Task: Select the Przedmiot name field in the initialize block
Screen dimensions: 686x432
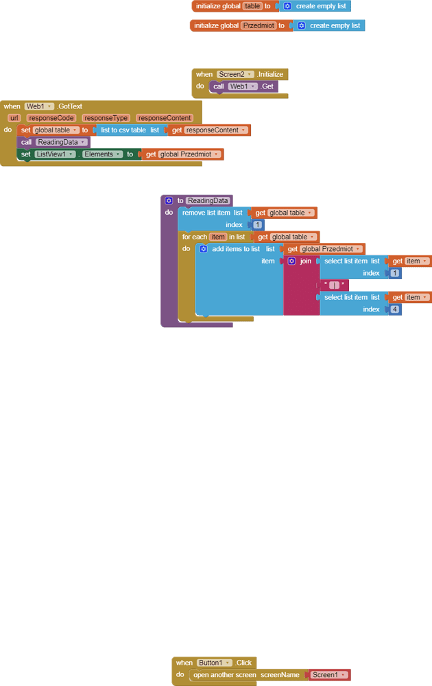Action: [258, 25]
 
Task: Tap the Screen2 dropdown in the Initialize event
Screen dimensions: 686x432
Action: [235, 74]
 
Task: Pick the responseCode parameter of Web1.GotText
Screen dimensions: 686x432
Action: [51, 118]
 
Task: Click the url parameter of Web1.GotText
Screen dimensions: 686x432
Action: [14, 118]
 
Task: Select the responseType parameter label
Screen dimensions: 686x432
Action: [106, 118]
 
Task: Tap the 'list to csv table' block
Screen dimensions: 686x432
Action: [123, 130]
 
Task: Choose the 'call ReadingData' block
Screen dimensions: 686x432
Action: [27, 142]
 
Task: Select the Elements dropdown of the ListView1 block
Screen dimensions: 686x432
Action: [103, 154]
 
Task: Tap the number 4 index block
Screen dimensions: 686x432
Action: [395, 309]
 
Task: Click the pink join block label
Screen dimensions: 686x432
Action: [305, 261]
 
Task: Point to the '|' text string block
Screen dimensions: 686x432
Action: [334, 285]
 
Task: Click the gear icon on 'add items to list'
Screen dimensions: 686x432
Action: [204, 249]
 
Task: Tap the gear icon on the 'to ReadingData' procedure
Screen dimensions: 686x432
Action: [169, 200]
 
